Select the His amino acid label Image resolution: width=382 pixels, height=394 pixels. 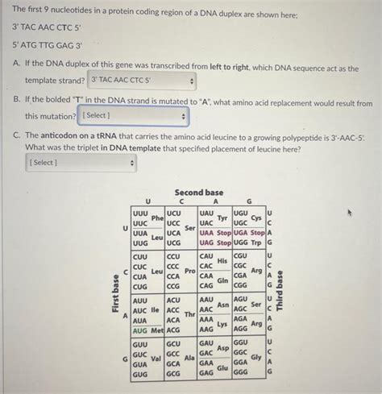[223, 260]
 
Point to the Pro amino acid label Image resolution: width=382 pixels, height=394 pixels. [191, 272]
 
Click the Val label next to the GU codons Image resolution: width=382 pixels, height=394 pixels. [158, 359]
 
